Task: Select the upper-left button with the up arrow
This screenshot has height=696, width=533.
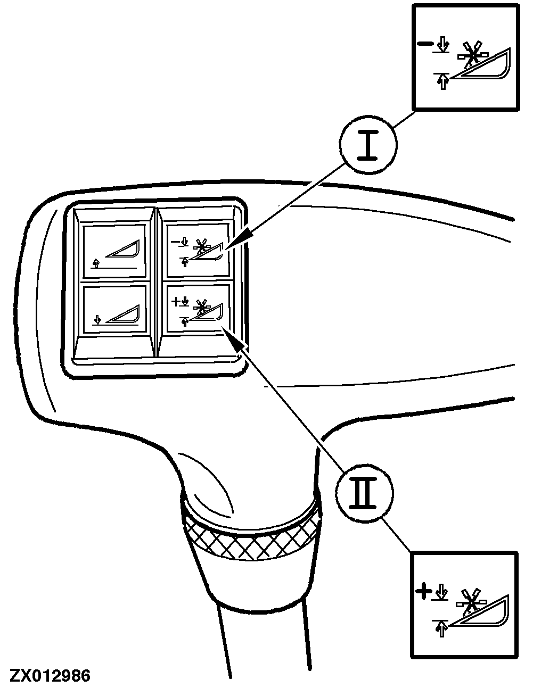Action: (114, 251)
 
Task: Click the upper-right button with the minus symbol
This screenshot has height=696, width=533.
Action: (198, 250)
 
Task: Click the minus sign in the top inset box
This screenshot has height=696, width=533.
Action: (425, 44)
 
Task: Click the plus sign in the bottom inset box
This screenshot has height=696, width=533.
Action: (423, 593)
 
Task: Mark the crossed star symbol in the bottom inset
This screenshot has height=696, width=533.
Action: (471, 603)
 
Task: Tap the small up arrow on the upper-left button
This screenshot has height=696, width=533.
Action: (97, 263)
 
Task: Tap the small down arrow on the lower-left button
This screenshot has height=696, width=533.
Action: (98, 319)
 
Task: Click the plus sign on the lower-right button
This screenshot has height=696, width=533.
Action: (175, 301)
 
